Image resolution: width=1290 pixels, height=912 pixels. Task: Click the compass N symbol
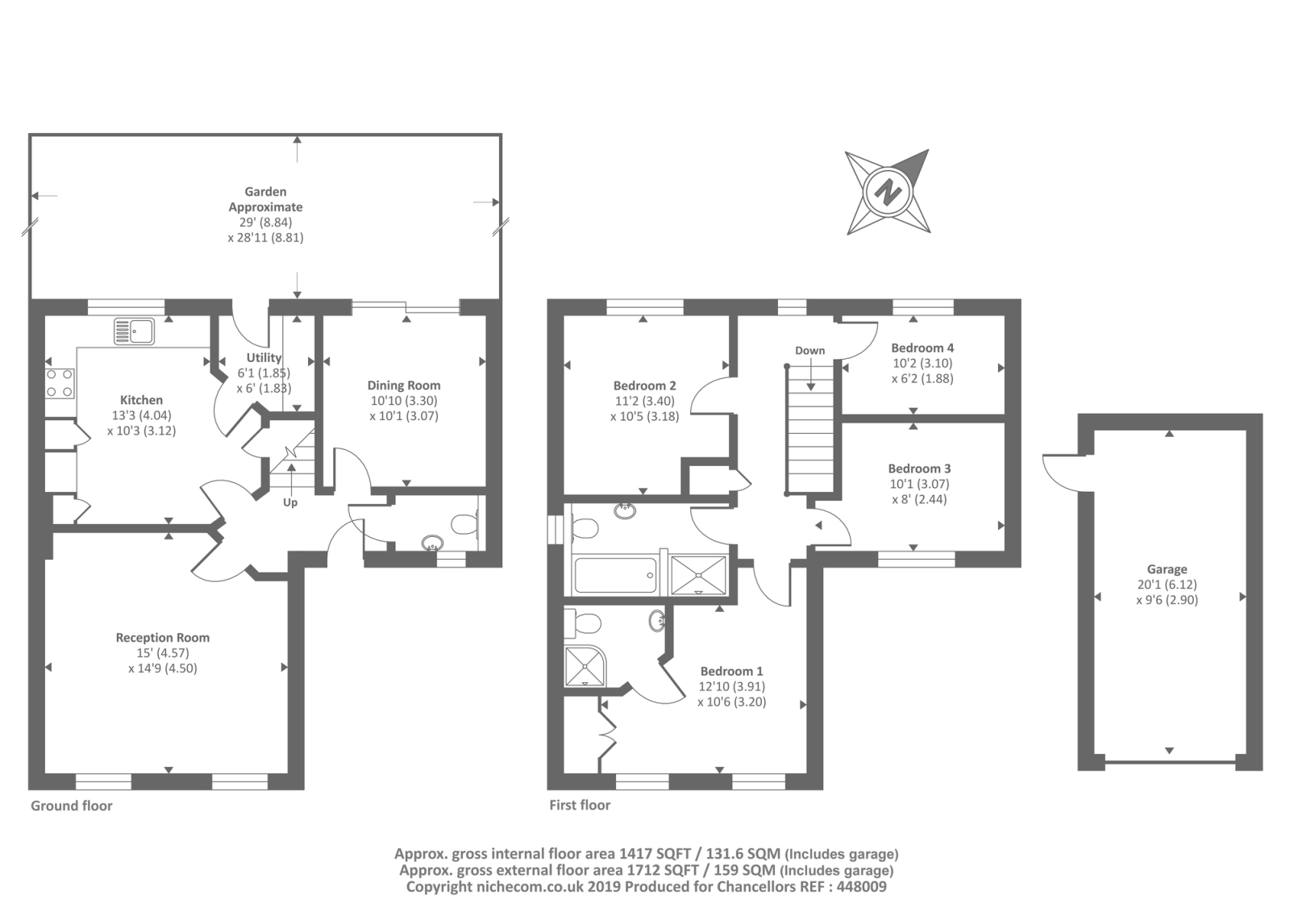pos(888,191)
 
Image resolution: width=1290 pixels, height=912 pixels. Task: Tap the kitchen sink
pos(134,331)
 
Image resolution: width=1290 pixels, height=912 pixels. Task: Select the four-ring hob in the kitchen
pos(60,383)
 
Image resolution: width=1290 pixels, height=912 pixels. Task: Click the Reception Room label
pos(162,638)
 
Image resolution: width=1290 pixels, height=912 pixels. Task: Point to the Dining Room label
pos(404,385)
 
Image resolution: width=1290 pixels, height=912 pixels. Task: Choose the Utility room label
pos(264,358)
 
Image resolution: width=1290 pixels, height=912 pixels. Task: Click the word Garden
pos(265,191)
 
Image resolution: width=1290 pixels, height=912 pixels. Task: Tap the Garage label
pos(1167,569)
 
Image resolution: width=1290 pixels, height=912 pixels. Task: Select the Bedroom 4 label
pos(922,348)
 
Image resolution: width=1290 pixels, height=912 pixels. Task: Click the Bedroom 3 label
pos(919,468)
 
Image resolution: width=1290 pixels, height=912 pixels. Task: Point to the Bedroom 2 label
pos(644,385)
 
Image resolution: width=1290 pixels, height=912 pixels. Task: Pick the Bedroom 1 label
pos(731,671)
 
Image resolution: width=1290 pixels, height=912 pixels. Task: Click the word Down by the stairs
pos(809,350)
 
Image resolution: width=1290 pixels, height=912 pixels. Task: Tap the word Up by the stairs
pos(290,502)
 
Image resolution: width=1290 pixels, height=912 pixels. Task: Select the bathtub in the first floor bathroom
pos(615,575)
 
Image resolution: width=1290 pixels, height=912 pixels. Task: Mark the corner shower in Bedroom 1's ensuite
pos(585,666)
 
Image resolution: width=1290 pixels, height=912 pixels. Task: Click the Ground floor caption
pos(72,806)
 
